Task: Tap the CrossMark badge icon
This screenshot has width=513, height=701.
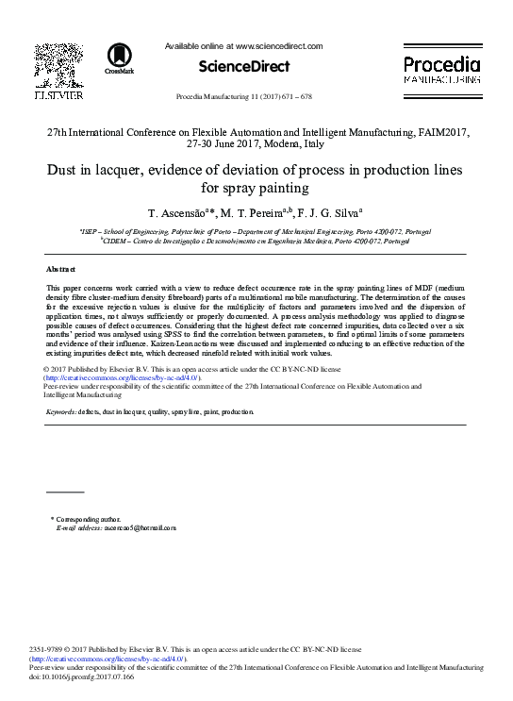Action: tap(120, 58)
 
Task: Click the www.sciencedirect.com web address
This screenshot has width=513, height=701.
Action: tap(278, 45)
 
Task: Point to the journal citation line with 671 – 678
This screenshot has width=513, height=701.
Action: tap(244, 97)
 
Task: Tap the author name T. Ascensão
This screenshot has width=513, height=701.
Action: tap(178, 213)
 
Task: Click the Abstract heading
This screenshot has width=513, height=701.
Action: tap(61, 270)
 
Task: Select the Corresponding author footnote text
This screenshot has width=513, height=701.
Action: tap(89, 519)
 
